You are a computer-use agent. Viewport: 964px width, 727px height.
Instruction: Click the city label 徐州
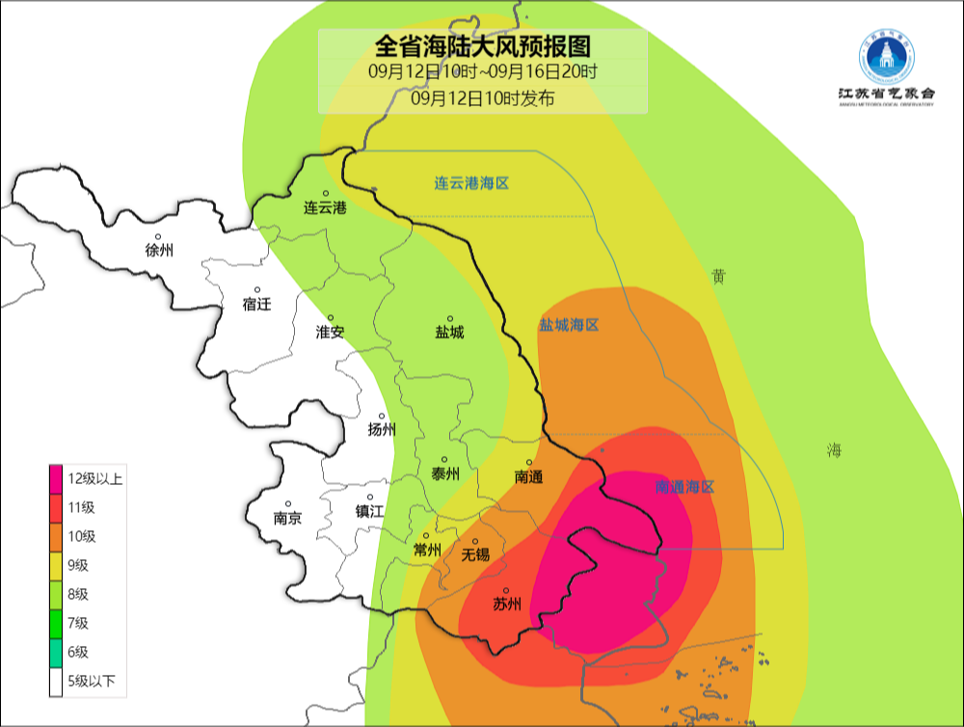point(159,250)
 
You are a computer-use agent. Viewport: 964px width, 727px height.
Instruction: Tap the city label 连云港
point(325,207)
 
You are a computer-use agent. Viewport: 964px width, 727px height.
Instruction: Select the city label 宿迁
point(257,304)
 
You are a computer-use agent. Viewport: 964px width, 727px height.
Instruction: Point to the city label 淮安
point(331,332)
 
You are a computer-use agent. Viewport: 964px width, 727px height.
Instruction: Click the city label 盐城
point(449,332)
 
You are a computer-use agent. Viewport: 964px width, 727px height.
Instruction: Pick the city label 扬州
point(382,430)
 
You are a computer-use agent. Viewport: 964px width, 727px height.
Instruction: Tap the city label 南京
point(287,517)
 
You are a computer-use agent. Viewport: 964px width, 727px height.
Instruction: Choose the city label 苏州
point(507,605)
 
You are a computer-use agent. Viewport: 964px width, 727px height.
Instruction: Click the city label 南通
point(529,476)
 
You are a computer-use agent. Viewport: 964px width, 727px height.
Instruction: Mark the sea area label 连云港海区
point(470,183)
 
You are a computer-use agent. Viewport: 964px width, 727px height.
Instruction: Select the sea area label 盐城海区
point(569,325)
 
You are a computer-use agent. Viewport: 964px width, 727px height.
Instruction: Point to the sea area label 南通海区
point(684,487)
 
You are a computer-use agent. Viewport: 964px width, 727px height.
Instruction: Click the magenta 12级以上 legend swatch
point(57,478)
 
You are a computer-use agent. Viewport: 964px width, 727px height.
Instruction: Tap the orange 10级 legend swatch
point(57,536)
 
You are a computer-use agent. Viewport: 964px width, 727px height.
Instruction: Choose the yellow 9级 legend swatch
point(57,565)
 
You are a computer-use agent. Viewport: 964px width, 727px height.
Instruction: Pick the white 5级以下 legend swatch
point(57,682)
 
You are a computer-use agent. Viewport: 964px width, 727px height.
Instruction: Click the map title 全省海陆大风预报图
point(482,45)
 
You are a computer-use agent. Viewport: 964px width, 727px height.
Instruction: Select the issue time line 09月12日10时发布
point(482,97)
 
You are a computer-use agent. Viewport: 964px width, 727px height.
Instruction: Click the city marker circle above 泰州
point(444,460)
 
